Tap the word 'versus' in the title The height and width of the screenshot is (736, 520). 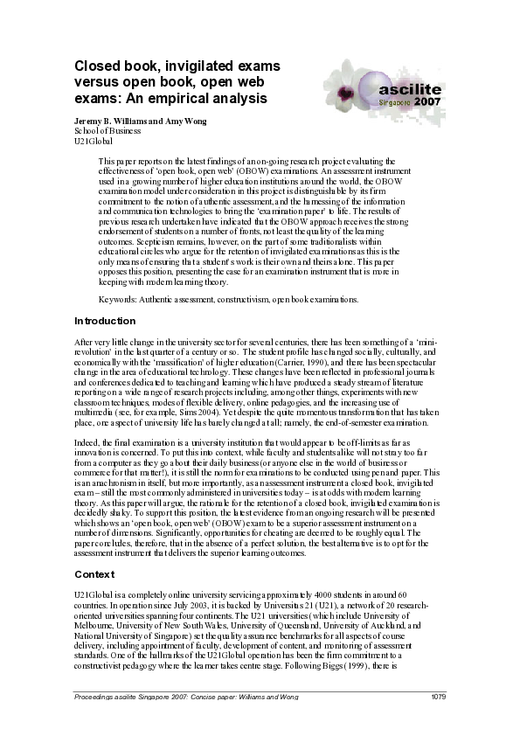tap(98, 82)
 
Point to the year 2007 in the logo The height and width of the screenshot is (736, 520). tap(427, 101)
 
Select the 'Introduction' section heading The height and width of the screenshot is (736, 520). tap(105, 321)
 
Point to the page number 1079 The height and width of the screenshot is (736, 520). tap(439, 696)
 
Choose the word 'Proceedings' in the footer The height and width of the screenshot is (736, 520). tap(96, 696)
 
